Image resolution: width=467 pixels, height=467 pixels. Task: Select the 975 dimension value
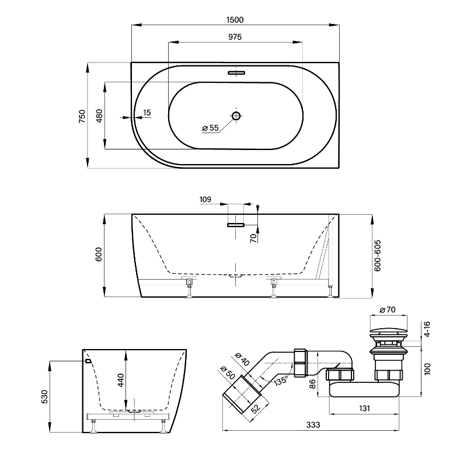pos(235,37)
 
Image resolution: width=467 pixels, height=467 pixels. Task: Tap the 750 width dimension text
pos(82,116)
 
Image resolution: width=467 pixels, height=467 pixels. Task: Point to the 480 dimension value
pos(99,116)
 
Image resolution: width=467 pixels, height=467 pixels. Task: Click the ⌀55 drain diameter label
pos(210,128)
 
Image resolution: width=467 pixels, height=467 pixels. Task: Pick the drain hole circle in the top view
pos(236,116)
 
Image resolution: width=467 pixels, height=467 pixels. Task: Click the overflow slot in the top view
pos(236,73)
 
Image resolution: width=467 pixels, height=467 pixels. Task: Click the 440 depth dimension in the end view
pos(121,381)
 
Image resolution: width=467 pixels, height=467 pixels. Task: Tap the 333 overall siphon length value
pos(313,424)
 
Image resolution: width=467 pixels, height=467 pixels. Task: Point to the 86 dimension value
pos(312,384)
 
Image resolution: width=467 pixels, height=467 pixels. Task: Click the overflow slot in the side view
pos(236,223)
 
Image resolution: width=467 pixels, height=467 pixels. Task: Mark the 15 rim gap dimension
pos(146,111)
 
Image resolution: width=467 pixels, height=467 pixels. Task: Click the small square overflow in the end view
pos(88,361)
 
